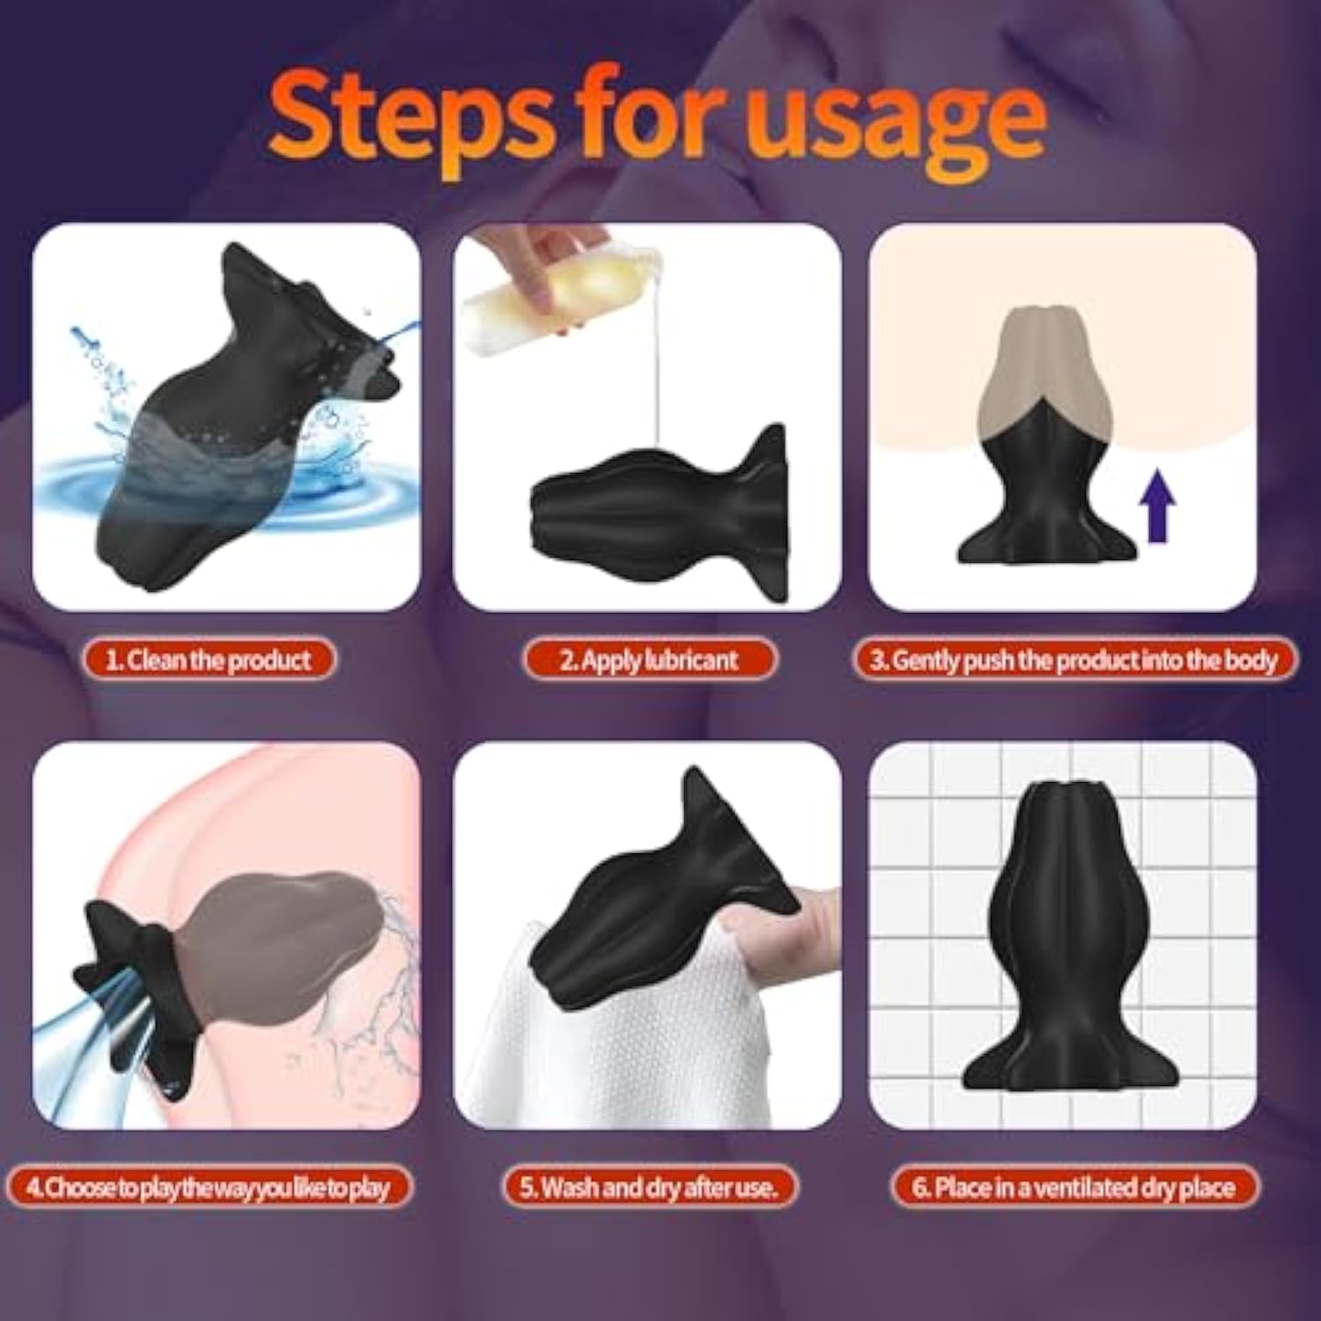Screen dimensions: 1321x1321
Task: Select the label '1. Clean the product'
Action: pos(209,660)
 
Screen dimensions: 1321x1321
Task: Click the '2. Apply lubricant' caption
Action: pos(649,660)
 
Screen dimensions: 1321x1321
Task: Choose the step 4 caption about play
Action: pos(208,1187)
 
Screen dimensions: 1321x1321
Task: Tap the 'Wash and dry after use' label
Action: pos(649,1187)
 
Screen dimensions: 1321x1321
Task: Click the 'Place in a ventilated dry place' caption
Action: pos(1074,1187)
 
